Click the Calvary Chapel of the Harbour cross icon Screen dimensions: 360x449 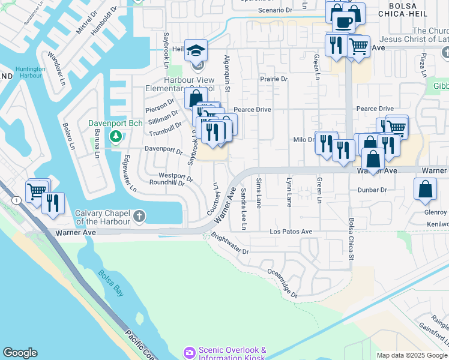pos(139,215)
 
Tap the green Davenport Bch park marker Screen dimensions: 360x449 pos(115,136)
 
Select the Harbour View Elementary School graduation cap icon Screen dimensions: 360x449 pos(195,51)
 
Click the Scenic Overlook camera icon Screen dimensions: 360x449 pos(190,352)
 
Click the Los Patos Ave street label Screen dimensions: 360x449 pos(291,232)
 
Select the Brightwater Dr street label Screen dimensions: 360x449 pos(229,244)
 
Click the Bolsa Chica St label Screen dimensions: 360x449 pos(352,233)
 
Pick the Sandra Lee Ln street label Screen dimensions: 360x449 pos(244,209)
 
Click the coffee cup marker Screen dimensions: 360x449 pos(344,23)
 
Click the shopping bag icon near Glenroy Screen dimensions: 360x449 pos(425,189)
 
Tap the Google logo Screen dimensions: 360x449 pos(20,353)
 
